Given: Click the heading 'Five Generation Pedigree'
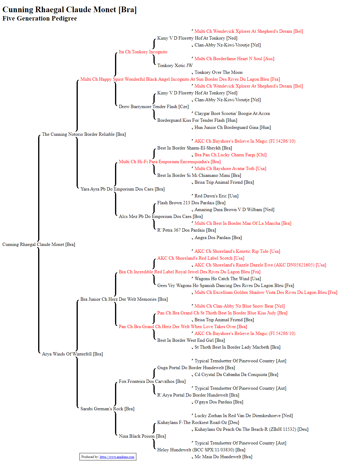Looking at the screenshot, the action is point(40,18).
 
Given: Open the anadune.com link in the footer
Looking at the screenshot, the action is point(117,457).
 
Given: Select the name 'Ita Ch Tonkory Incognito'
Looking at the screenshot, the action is point(143,52).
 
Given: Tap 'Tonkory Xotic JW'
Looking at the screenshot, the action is point(175,65).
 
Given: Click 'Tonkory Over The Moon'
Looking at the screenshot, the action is point(218,72).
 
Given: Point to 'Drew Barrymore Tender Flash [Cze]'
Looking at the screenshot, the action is point(154,107).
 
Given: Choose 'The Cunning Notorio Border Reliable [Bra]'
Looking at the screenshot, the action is point(84,134).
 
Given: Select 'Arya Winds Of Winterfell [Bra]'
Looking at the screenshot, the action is point(72,354).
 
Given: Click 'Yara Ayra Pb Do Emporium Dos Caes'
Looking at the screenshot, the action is point(117,189).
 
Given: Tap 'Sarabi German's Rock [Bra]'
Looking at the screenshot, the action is point(107,409).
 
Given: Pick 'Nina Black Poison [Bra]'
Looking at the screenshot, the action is point(142,436).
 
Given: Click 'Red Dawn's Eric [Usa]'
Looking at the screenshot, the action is point(216,196).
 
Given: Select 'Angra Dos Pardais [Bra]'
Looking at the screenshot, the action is point(218,238).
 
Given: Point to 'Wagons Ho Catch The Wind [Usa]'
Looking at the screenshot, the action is point(228,279).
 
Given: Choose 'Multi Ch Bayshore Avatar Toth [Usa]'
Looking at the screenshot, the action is point(230,169).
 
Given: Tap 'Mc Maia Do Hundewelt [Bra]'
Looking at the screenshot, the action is point(223,457).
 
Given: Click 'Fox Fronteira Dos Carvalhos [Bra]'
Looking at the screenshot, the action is point(152,381).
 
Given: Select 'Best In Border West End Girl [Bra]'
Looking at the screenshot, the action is point(191,340).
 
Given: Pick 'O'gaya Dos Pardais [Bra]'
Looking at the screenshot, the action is point(219,402).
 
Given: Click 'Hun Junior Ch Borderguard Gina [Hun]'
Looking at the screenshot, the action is point(232,127).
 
